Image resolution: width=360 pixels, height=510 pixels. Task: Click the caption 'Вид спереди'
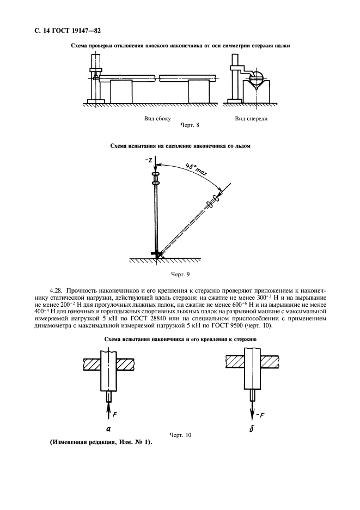pos(251,118)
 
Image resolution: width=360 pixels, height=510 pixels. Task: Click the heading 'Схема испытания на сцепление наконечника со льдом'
pos(180,146)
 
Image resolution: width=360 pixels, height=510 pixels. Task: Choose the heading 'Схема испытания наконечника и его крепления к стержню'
pos(180,339)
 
